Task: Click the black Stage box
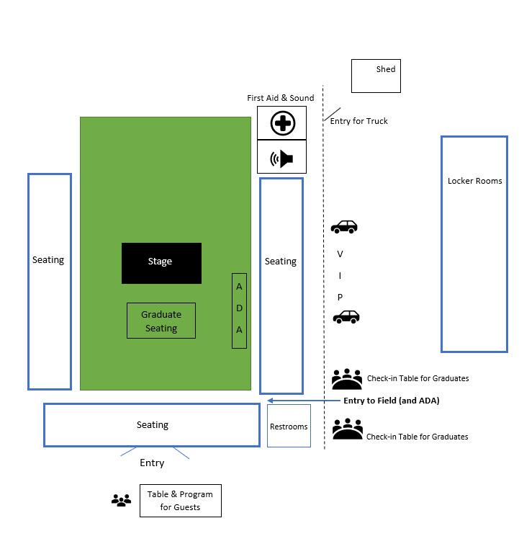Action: (161, 263)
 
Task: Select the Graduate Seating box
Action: (161, 321)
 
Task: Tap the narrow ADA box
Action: (240, 311)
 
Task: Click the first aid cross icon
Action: (282, 123)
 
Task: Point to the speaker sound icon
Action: (282, 158)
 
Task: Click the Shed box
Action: (376, 76)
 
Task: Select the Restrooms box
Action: (289, 427)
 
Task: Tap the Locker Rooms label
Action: (474, 181)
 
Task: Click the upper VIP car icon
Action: (344, 227)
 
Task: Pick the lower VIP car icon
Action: (346, 316)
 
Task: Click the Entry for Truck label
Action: (358, 121)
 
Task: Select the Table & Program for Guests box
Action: (180, 501)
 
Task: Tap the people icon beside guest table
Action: (121, 500)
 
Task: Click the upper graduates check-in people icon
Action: (347, 378)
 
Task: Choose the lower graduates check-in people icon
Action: (347, 429)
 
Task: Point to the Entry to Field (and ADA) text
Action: (391, 401)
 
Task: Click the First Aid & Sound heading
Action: (281, 98)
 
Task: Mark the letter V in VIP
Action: (340, 254)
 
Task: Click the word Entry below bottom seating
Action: (152, 463)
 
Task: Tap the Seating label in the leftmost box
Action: (48, 260)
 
